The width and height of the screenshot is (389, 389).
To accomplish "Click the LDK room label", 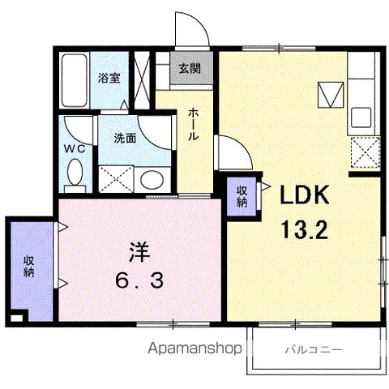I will tap(304, 197).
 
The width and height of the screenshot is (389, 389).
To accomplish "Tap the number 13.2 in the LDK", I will tap(304, 230).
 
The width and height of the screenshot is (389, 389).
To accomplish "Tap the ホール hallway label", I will tap(194, 125).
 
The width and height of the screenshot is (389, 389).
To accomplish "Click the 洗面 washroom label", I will tap(124, 138).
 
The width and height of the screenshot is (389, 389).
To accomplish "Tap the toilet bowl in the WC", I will tap(75, 173).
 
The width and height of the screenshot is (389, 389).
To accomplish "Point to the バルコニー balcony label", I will tap(312, 349).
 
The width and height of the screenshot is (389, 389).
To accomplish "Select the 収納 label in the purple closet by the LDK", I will tap(242, 195).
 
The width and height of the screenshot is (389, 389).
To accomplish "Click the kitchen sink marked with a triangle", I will tap(329, 96).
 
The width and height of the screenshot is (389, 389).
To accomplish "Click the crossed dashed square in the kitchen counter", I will tap(365, 152).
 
